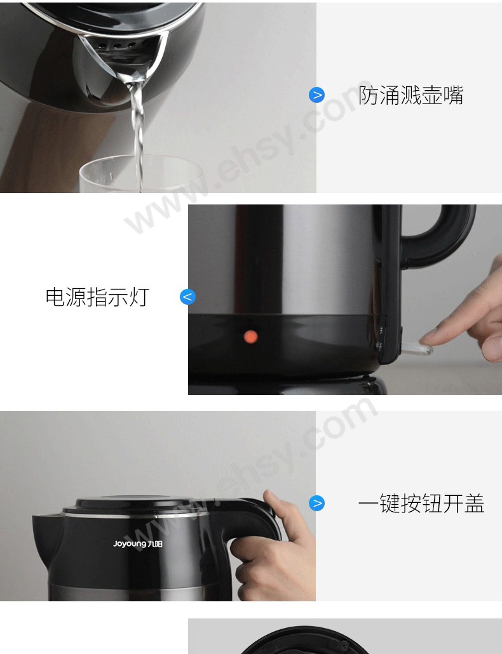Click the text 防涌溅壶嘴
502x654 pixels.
coord(410,95)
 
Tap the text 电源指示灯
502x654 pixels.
coord(97,297)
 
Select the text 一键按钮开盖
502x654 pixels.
coord(421,503)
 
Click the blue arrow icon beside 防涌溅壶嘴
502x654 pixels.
coord(316,95)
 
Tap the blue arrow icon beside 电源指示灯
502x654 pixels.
coord(188,297)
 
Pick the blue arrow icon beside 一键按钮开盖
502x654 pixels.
coord(316,503)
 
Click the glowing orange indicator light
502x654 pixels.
coord(250,337)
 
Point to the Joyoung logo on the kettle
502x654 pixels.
coord(138,544)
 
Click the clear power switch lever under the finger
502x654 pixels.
coord(415,347)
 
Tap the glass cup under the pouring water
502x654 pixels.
coord(141,174)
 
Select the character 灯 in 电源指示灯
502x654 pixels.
coord(139,297)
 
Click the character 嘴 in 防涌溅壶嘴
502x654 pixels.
coord(453,95)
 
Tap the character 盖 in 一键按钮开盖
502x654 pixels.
coord(474,503)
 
